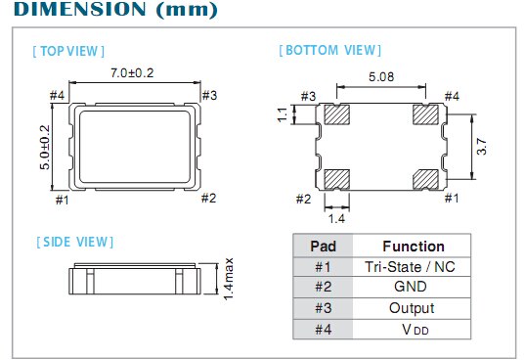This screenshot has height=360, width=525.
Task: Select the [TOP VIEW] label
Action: (68, 50)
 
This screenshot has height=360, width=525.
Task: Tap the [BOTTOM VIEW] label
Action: (330, 50)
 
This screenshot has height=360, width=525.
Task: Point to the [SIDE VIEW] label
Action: (73, 242)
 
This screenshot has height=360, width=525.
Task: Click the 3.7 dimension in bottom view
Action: (483, 146)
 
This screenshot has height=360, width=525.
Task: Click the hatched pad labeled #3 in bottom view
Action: (336, 115)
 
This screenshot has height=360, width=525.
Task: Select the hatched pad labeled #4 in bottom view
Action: (425, 115)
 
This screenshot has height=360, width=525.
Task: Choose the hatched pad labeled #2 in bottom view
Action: (336, 178)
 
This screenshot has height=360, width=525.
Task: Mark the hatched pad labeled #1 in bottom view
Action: (425, 178)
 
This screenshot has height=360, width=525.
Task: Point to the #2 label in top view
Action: (207, 199)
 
